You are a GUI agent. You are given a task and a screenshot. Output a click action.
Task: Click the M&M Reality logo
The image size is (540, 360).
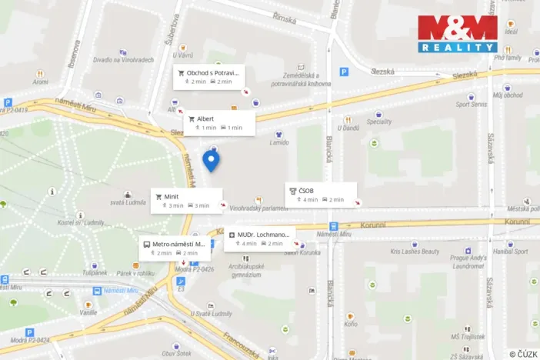(458, 34)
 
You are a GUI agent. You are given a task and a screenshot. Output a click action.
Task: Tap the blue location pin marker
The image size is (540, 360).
(211, 161)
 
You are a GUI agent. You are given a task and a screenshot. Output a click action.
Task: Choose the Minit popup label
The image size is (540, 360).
(185, 201)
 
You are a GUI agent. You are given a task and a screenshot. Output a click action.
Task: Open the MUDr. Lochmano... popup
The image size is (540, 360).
(259, 238)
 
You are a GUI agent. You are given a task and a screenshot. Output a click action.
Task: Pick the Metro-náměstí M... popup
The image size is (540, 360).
(173, 248)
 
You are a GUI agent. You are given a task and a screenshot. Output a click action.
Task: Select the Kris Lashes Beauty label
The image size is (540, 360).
(415, 252)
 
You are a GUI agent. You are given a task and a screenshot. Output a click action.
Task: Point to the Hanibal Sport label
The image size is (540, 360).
(511, 252)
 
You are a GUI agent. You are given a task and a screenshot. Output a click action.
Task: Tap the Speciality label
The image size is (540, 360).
(379, 122)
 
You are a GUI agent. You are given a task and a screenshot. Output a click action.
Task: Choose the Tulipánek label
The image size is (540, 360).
(95, 273)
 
